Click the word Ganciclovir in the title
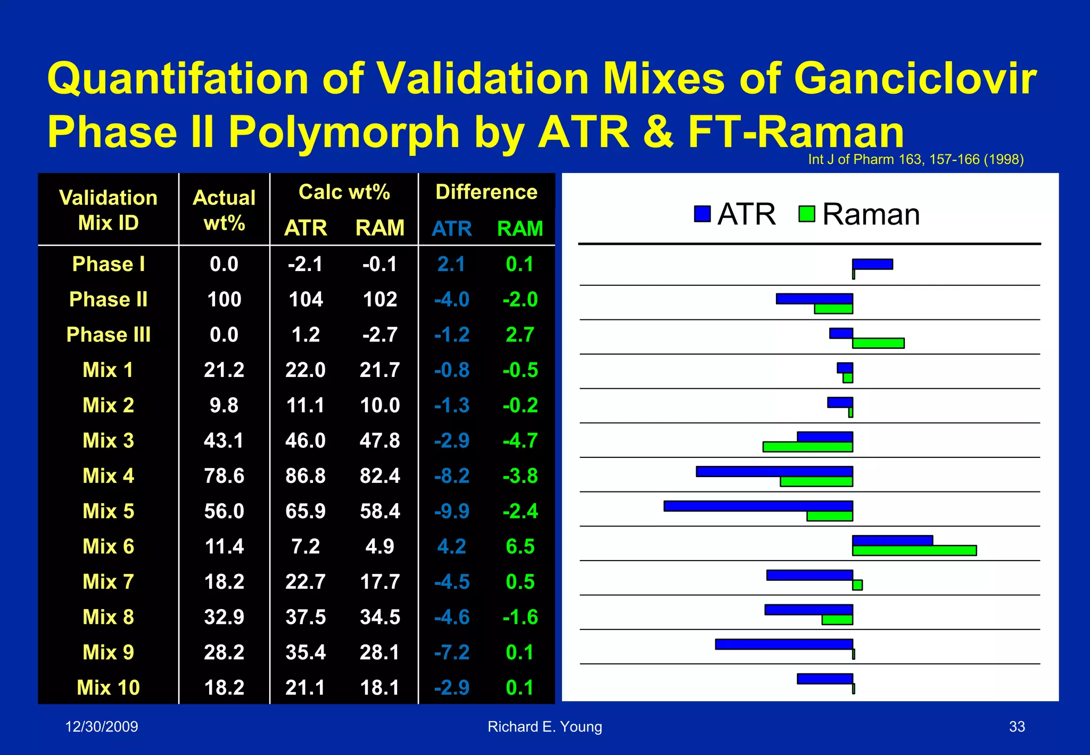point(915,79)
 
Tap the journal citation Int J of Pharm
point(915,159)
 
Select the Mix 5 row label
point(108,511)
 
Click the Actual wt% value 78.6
point(224,476)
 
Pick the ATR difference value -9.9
point(452,511)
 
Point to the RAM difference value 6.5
point(520,546)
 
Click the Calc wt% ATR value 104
point(305,299)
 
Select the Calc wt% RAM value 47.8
point(379,441)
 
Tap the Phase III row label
point(108,335)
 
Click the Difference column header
point(486,192)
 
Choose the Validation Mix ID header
point(108,210)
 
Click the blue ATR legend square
point(703,214)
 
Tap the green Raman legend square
point(807,214)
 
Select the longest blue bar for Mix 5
point(758,506)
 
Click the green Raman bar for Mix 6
point(914,551)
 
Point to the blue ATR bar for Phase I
point(872,264)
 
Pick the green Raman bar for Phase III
point(878,343)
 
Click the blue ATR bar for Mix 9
point(784,644)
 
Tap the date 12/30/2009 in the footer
point(102,727)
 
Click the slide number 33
point(1017,727)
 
